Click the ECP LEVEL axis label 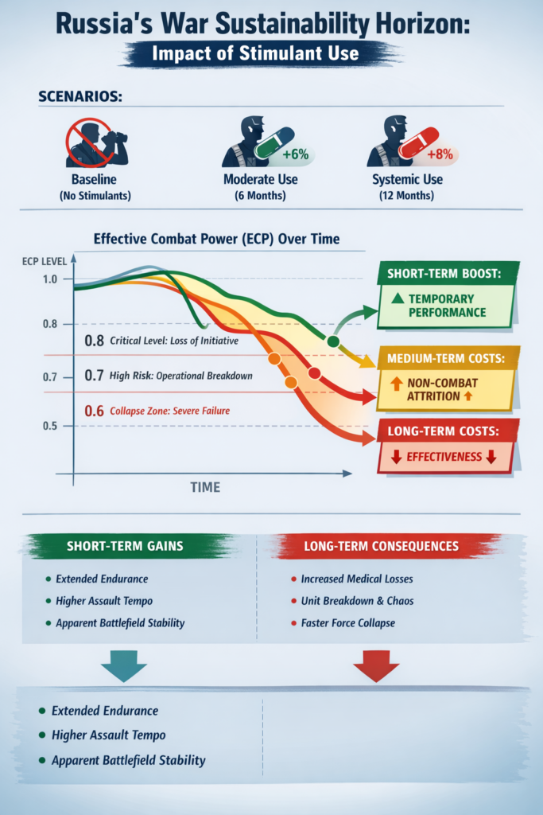pos(37,260)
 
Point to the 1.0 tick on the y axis pos(51,279)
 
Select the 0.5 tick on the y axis pos(51,426)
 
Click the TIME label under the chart pos(205,487)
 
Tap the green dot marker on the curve pos(333,341)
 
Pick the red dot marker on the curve pos(313,373)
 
